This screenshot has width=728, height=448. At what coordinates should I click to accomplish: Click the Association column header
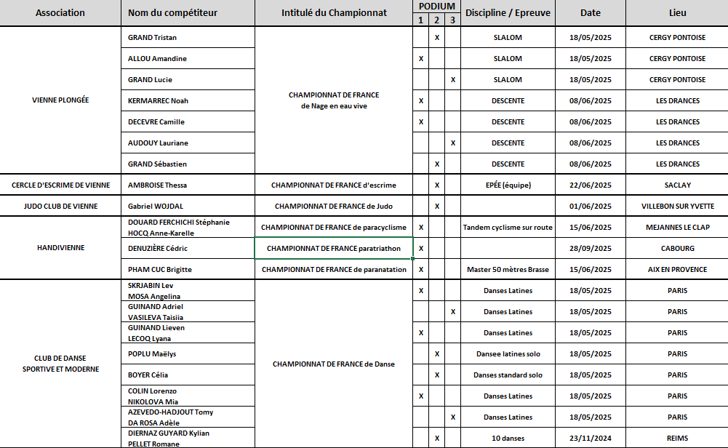(x=60, y=13)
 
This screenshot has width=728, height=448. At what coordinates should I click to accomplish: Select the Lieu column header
(x=677, y=13)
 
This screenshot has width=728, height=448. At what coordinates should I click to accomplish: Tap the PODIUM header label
(x=437, y=6)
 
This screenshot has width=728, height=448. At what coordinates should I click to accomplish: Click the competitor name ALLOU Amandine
(x=152, y=59)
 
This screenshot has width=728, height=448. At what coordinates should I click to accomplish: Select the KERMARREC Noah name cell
(x=158, y=101)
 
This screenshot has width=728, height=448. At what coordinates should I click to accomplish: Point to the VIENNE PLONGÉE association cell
(x=60, y=100)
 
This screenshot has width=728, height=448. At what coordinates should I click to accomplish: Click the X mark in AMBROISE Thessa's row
(x=437, y=185)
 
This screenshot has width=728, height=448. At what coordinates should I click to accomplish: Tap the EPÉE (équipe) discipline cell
(x=508, y=185)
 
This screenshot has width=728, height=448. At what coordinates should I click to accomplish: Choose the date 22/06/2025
(x=591, y=185)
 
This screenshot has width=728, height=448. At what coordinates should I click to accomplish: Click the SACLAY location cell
(x=677, y=185)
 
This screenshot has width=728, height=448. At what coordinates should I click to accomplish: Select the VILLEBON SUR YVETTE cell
(x=677, y=207)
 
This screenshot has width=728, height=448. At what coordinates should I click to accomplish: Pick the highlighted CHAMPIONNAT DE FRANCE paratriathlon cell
(x=334, y=249)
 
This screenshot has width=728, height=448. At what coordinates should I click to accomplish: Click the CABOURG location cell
(x=677, y=249)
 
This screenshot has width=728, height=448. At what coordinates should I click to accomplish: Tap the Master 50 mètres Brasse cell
(x=508, y=270)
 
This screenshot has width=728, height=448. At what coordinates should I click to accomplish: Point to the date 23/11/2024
(x=591, y=439)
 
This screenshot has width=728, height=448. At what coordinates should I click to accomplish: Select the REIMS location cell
(x=677, y=439)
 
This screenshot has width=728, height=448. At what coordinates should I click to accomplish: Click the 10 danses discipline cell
(x=508, y=439)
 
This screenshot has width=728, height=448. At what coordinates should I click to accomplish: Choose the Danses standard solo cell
(x=508, y=375)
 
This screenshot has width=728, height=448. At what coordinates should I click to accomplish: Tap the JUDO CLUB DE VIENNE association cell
(x=60, y=207)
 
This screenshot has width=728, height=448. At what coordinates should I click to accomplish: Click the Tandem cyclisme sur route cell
(x=508, y=228)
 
